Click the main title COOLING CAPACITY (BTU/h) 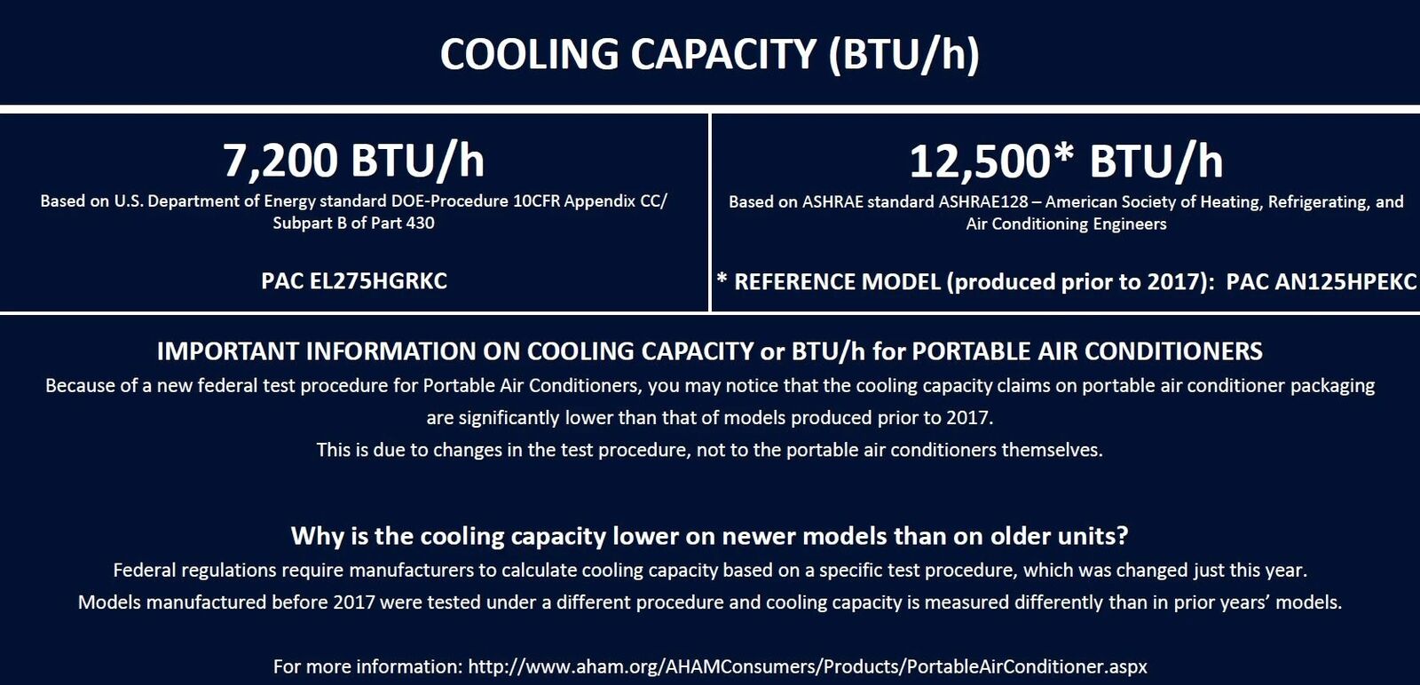pyautogui.click(x=710, y=54)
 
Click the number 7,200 pyautogui.click(x=280, y=161)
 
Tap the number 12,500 pyautogui.click(x=980, y=161)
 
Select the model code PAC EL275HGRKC pyautogui.click(x=354, y=280)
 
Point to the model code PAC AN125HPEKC pyautogui.click(x=1321, y=282)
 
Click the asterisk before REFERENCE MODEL pyautogui.click(x=722, y=279)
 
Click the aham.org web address pyautogui.click(x=808, y=666)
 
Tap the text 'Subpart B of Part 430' pyautogui.click(x=354, y=223)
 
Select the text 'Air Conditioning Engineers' pyautogui.click(x=1066, y=224)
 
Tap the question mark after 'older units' pyautogui.click(x=1123, y=535)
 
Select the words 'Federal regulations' pyautogui.click(x=194, y=571)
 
